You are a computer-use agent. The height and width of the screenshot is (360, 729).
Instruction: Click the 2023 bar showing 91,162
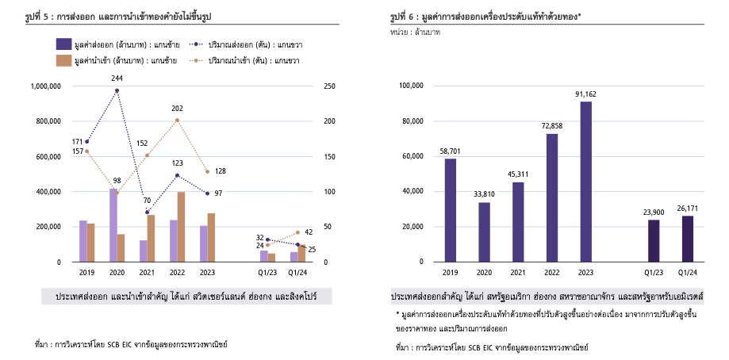[586, 182]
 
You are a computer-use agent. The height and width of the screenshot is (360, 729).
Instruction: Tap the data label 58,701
[451, 150]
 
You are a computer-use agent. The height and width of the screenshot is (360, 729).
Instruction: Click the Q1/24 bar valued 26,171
[688, 239]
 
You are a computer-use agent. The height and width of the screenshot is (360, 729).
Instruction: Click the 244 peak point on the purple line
[117, 90]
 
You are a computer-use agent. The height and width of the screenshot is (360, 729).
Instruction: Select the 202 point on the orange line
[177, 120]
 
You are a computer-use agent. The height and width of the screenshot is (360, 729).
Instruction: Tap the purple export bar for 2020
[113, 225]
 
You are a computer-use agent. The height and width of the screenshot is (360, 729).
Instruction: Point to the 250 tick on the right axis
[330, 86]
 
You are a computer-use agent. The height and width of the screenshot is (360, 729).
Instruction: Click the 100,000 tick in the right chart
[411, 86]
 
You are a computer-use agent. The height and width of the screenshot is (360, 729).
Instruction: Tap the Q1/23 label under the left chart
[267, 273]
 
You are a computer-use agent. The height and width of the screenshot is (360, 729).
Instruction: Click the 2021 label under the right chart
[518, 273]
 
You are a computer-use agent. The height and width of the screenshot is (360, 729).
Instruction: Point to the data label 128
[221, 171]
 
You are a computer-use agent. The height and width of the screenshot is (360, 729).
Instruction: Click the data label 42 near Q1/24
[309, 232]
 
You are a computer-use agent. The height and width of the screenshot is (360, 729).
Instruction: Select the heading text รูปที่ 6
[407, 16]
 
